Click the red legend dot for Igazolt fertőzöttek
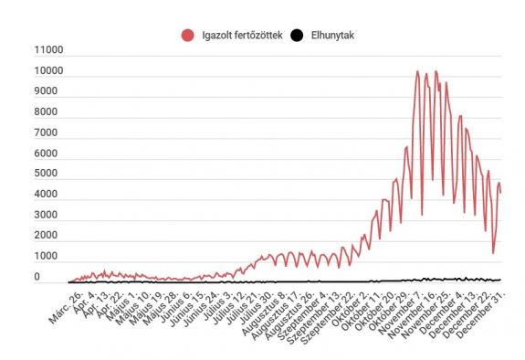click(x=189, y=36)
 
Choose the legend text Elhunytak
click(x=330, y=36)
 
